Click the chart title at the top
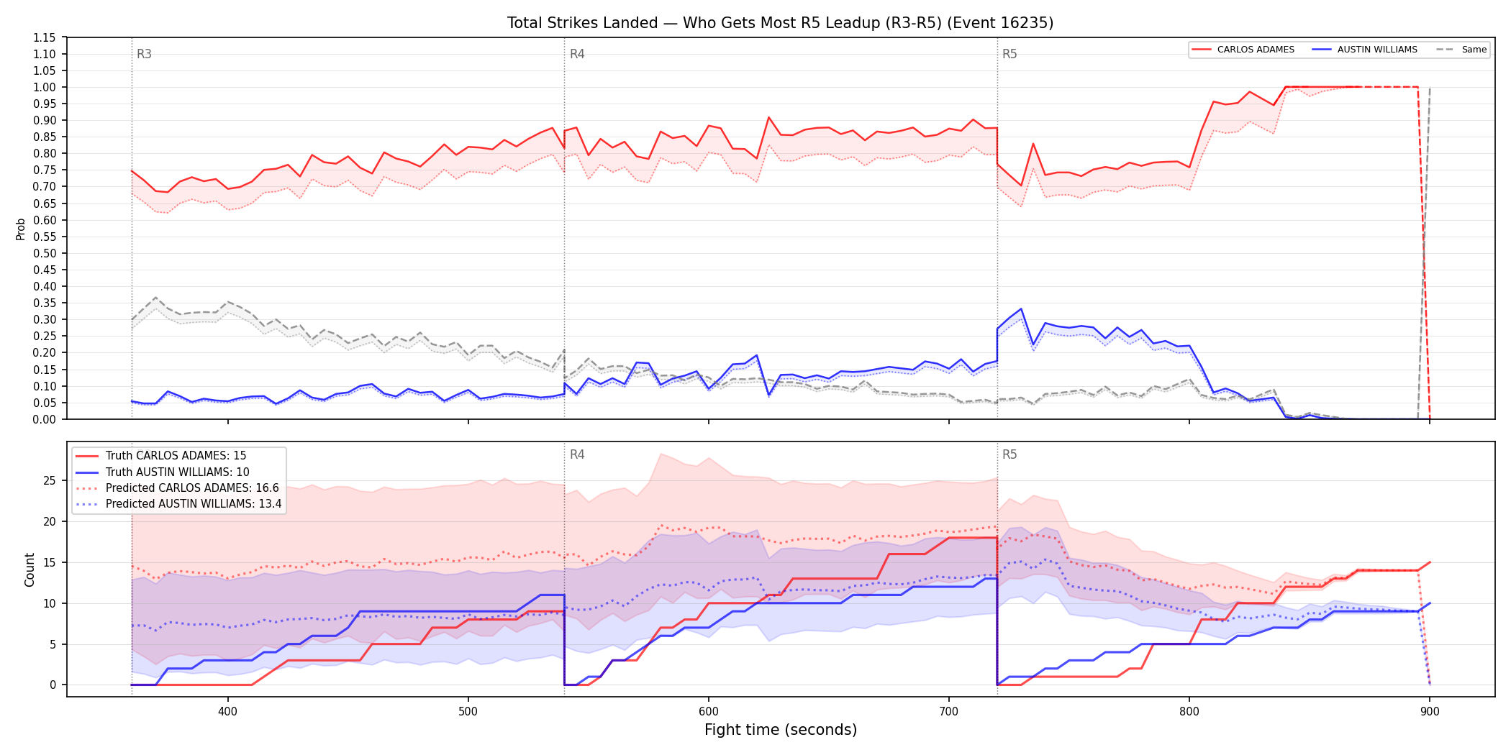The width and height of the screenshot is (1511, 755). click(x=780, y=23)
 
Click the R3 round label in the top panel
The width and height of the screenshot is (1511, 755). click(x=144, y=54)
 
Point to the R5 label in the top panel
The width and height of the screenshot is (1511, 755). click(x=1009, y=54)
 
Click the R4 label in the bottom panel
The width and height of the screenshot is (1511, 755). click(x=577, y=454)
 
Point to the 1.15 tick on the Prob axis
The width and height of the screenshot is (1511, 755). click(x=44, y=37)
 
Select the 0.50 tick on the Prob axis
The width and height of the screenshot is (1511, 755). click(x=44, y=253)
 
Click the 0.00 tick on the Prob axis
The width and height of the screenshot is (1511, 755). click(x=44, y=419)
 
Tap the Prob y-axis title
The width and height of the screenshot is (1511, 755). click(x=21, y=229)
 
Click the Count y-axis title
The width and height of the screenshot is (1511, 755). click(x=30, y=569)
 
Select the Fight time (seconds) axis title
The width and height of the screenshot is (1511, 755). click(x=781, y=730)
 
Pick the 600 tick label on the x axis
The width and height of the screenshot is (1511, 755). click(x=709, y=712)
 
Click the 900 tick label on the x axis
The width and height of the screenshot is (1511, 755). click(x=1430, y=712)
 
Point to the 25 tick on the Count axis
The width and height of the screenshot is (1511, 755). click(x=50, y=480)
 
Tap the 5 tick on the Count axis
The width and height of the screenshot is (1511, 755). click(x=53, y=644)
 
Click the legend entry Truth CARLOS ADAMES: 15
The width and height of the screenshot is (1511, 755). click(x=176, y=456)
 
